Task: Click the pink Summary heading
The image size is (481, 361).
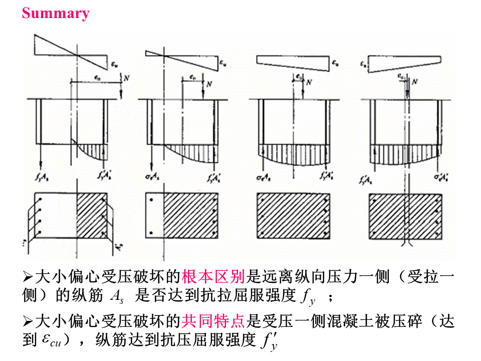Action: [56, 13]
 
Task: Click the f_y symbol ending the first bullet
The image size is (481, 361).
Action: [308, 297]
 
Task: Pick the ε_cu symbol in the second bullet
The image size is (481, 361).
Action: [49, 340]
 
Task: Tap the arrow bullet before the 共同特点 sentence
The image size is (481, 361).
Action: [28, 321]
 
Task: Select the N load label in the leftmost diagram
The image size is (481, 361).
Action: [127, 79]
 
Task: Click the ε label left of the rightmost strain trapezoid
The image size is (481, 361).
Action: [364, 64]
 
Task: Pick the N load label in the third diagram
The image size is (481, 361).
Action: [309, 82]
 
